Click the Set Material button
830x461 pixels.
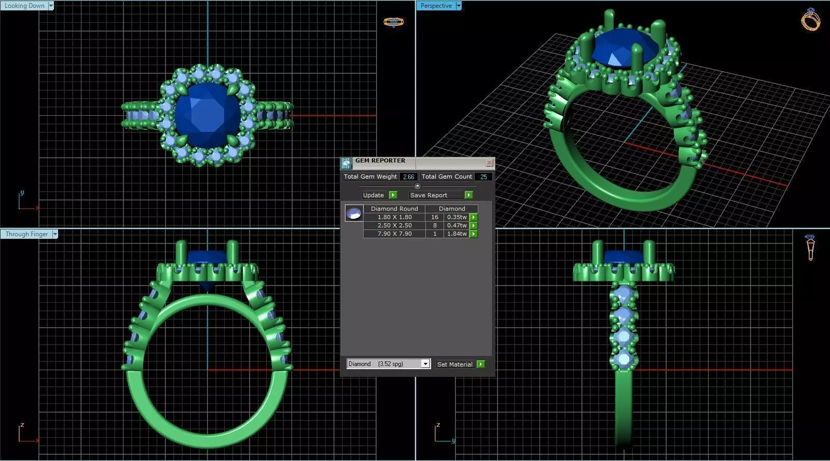coord(460,364)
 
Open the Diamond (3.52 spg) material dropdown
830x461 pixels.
coord(425,364)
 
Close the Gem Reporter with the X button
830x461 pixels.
coord(489,163)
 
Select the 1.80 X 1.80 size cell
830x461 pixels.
coord(394,217)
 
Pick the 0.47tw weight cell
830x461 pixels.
coord(457,225)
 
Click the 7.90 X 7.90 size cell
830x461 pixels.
coord(394,234)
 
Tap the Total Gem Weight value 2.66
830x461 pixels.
coord(408,177)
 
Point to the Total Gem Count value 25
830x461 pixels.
coord(483,177)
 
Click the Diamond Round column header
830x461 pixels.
coord(394,209)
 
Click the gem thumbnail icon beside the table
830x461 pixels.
coord(354,213)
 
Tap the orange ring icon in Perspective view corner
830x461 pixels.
coord(810,20)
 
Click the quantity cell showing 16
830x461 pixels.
coord(435,217)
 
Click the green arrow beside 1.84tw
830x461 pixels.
coord(474,234)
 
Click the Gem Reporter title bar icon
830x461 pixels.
coord(346,164)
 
